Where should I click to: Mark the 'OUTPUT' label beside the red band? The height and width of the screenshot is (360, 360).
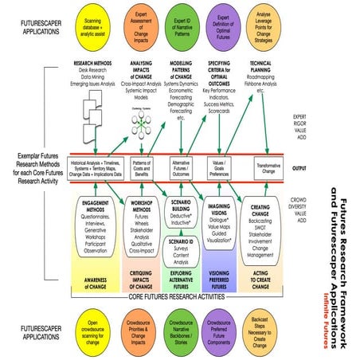coord(300,169)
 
